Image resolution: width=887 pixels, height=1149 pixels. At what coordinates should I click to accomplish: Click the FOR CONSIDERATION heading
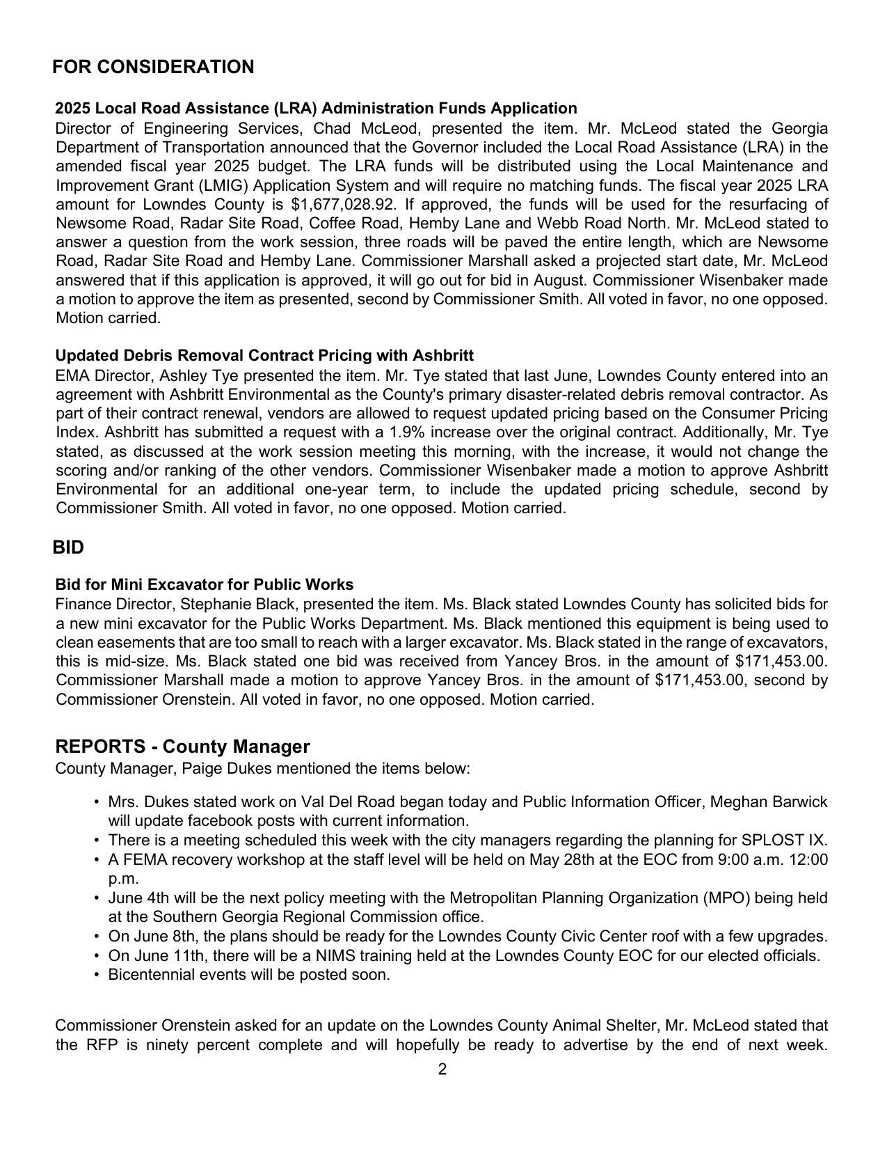coord(153,67)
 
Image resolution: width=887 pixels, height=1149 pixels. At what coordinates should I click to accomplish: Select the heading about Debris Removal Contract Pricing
coord(264,355)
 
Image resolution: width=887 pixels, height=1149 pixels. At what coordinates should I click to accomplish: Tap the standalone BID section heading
coord(68,547)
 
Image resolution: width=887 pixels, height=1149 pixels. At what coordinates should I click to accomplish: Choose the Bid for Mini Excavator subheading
coord(205,584)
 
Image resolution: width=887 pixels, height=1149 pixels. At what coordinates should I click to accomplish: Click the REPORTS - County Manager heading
coord(182,747)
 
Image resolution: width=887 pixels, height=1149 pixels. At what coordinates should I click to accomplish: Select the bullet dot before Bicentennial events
coord(96,975)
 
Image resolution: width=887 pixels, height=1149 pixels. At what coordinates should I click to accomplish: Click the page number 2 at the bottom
coord(442,1070)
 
